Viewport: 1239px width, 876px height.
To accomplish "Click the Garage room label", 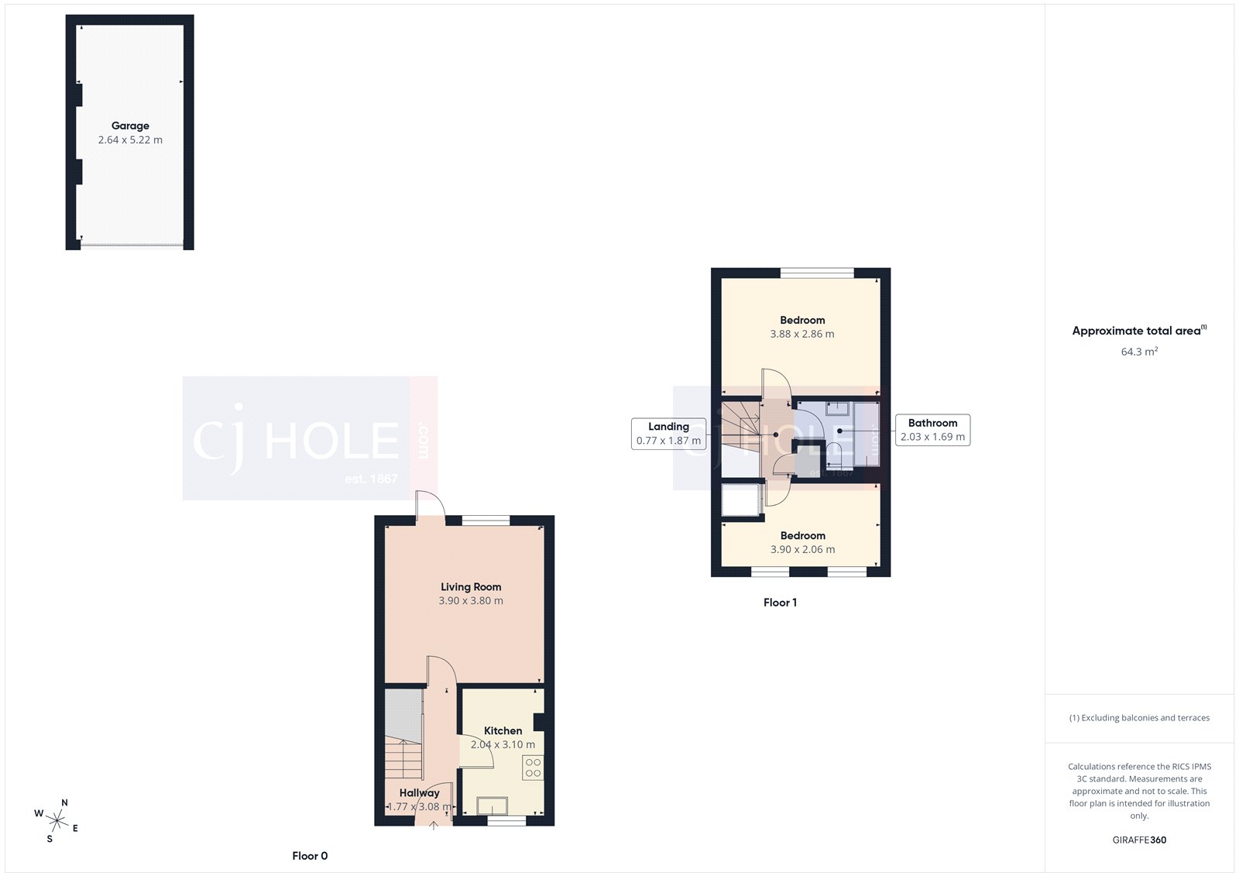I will pos(130,125).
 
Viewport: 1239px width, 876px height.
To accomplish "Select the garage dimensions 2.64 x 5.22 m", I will pos(130,140).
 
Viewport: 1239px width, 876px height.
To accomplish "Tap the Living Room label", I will pos(471,587).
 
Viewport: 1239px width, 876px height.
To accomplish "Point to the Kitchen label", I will pos(503,730).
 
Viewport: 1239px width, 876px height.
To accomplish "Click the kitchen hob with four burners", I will pos(533,768).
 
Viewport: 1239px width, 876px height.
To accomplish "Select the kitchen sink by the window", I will pos(493,806).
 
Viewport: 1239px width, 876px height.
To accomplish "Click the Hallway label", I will pos(419,792).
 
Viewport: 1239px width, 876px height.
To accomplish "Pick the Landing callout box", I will pos(668,434).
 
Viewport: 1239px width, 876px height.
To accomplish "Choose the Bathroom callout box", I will pos(932,430).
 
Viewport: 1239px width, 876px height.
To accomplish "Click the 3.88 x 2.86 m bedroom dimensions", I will pos(802,335).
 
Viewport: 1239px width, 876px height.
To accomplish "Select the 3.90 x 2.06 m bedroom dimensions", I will pos(802,550).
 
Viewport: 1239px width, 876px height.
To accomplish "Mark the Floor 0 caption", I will pos(310,856).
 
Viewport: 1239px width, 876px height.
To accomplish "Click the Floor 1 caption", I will pos(780,603).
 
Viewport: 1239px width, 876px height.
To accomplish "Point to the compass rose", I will pos(57,819).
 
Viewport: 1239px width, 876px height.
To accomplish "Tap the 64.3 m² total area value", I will pos(1139,352).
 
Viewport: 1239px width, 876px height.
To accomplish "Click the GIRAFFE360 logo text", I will pos(1139,840).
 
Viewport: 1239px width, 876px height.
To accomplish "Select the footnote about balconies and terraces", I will pos(1139,718).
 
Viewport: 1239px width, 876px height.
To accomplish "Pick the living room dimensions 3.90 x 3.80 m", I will pos(471,601).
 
